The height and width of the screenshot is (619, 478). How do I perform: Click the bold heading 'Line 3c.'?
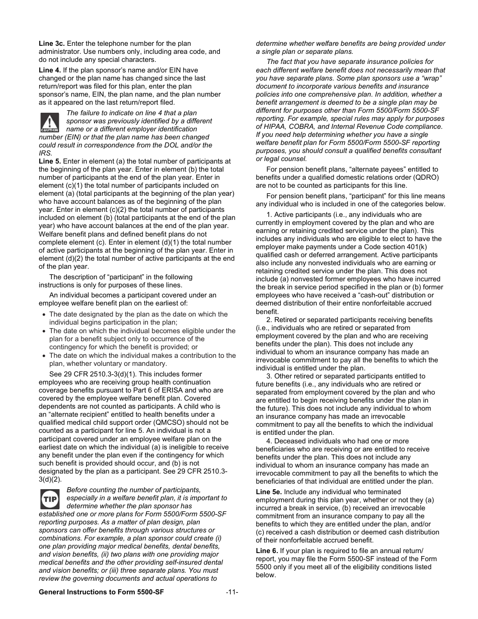[52, 44]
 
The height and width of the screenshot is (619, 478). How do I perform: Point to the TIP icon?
[49, 499]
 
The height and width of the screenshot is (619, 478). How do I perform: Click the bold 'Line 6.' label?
[267, 551]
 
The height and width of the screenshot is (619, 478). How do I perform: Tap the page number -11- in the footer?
[231, 592]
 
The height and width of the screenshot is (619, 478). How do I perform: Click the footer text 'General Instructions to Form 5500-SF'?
[101, 592]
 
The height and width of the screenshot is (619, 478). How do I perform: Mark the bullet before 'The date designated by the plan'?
[44, 315]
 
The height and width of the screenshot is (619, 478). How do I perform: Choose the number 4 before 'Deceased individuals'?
[270, 441]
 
